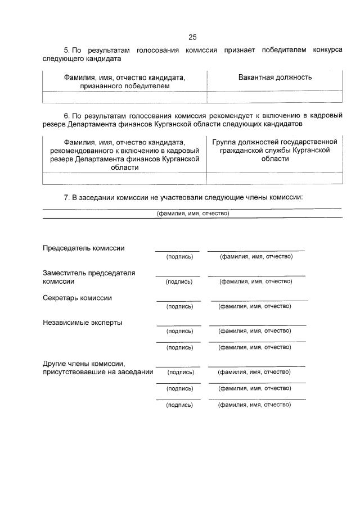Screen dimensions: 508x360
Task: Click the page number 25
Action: pos(192,37)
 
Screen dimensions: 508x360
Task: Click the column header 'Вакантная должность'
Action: pos(274,77)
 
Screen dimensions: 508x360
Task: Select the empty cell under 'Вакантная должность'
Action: pos(274,97)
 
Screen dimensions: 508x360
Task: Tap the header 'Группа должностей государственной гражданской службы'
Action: pos(274,150)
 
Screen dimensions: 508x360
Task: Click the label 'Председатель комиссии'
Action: pos(84,248)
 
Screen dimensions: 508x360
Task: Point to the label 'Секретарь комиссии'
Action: pos(77,298)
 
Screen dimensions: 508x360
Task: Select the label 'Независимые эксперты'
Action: pos(82,323)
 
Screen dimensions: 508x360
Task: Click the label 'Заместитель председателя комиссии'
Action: pos(89,277)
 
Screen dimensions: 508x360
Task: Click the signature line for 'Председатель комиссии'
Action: pos(177,251)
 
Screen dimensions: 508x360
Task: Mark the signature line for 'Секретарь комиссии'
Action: pos(178,301)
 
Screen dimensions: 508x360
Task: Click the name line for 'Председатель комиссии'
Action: pos(256,250)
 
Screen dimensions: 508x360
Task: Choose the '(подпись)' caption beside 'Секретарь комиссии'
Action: pos(179,306)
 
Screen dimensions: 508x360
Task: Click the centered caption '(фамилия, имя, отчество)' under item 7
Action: pos(192,214)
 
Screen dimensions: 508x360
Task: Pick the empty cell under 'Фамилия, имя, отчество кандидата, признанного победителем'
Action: pos(124,97)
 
